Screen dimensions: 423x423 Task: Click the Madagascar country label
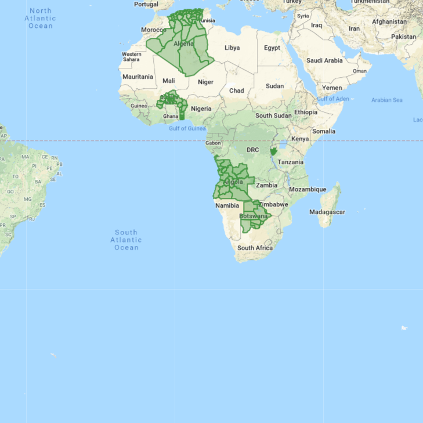coord(327,212)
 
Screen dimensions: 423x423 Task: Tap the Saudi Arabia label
coord(324,60)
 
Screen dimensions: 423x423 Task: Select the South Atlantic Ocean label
coord(126,240)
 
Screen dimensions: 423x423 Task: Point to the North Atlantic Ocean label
coord(40,18)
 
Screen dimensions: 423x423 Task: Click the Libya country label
coord(232,48)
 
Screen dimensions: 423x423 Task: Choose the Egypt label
coord(272,48)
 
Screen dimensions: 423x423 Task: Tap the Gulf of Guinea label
coord(187,128)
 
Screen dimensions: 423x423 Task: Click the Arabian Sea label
coord(386,100)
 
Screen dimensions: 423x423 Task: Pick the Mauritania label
coord(138,77)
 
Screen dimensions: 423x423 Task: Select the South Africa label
coord(255,248)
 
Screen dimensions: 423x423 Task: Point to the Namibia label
coord(227,205)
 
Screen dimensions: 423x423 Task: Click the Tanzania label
coord(290,162)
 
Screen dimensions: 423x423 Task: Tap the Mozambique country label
coord(308,189)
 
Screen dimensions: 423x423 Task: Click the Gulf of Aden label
coord(333,99)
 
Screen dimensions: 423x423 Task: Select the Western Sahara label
coord(131,57)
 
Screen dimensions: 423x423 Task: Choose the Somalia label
coord(324,131)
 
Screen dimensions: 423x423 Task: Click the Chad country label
coord(236,91)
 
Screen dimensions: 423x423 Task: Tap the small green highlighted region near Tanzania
coord(273,153)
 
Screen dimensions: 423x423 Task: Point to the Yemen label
coord(332,88)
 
